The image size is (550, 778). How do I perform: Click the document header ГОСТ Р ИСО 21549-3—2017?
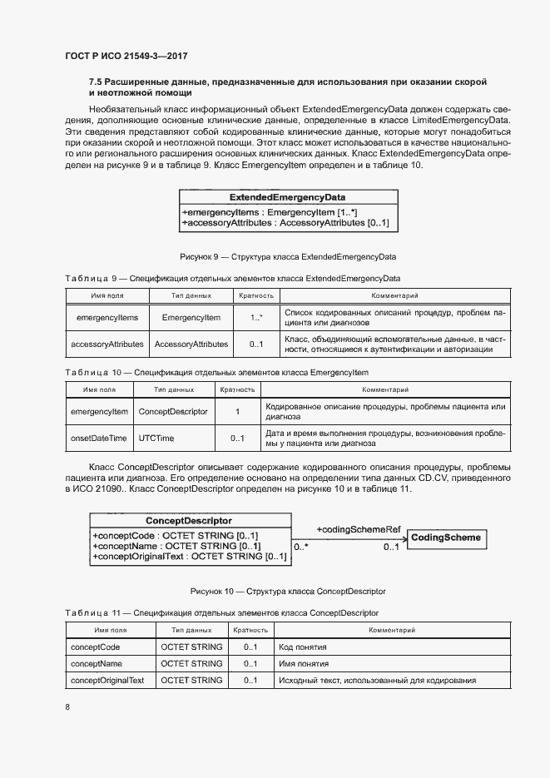coord(125,57)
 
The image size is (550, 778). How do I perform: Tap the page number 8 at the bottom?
coord(67,707)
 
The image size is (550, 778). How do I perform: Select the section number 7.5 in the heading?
coord(97,82)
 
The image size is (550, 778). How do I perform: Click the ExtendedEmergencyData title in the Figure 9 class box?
coord(287,198)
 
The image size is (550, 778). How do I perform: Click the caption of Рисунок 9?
coord(287,256)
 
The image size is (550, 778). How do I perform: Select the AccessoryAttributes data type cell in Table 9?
coord(191,344)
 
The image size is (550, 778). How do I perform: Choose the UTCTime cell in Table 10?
coord(156,438)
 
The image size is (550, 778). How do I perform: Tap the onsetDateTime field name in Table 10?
coord(98,438)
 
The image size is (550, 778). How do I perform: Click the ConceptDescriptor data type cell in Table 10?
coord(172,411)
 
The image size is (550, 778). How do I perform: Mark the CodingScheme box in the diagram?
coord(446,538)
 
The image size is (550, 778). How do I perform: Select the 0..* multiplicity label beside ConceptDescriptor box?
coord(301,548)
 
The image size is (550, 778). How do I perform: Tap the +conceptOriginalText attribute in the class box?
coord(189,557)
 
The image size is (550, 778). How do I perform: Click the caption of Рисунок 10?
coord(287,591)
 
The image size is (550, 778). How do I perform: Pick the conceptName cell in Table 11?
coord(98,664)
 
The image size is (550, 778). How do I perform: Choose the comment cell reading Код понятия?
coord(303,647)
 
